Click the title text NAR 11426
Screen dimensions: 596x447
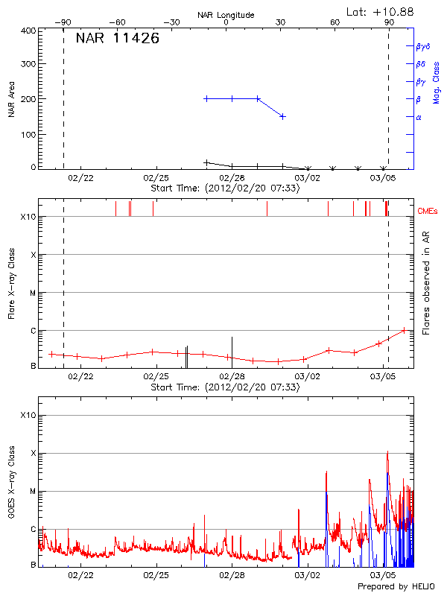[x=117, y=39]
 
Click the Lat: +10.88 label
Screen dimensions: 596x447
[x=381, y=11]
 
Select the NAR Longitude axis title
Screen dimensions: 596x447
[x=226, y=15]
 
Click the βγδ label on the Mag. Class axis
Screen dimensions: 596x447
[x=423, y=46]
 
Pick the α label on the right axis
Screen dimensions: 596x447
[x=419, y=117]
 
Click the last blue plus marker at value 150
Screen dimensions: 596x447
[x=282, y=116]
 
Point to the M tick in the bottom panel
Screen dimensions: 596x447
[x=33, y=491]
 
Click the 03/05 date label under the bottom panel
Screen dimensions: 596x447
[x=383, y=575]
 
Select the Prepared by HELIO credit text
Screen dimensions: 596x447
[x=396, y=586]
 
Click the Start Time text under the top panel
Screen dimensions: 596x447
[x=225, y=188]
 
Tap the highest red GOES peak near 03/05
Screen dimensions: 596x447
[x=387, y=451]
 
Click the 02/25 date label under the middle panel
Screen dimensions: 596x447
[x=156, y=377]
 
